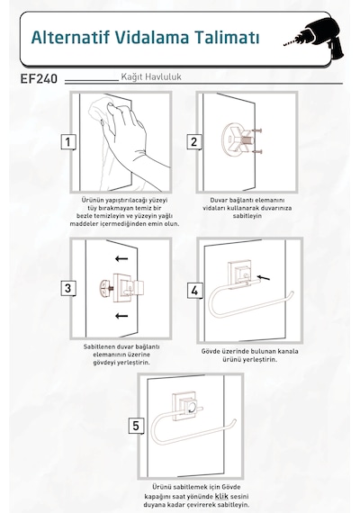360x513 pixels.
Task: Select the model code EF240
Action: pyautogui.click(x=39, y=79)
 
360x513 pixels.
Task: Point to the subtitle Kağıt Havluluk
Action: pyautogui.click(x=151, y=77)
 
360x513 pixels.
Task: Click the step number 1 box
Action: pyautogui.click(x=68, y=142)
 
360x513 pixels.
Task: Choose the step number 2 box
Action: pyautogui.click(x=194, y=142)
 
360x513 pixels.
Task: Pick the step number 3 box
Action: pyautogui.click(x=68, y=288)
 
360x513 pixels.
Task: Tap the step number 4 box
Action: pyautogui.click(x=194, y=291)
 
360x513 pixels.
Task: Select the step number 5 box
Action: pyautogui.click(x=136, y=426)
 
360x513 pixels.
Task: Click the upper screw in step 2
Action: pyautogui.click(x=256, y=130)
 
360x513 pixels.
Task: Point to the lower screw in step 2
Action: pyautogui.click(x=256, y=151)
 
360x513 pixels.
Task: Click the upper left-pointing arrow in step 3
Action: pyautogui.click(x=121, y=259)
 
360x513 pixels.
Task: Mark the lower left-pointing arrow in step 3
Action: pyautogui.click(x=121, y=316)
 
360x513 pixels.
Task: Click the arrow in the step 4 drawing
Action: pyautogui.click(x=264, y=278)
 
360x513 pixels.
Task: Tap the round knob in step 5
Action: pyautogui.click(x=192, y=408)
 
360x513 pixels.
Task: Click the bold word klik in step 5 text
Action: pyautogui.click(x=221, y=496)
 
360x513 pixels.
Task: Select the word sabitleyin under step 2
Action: pyautogui.click(x=247, y=216)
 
